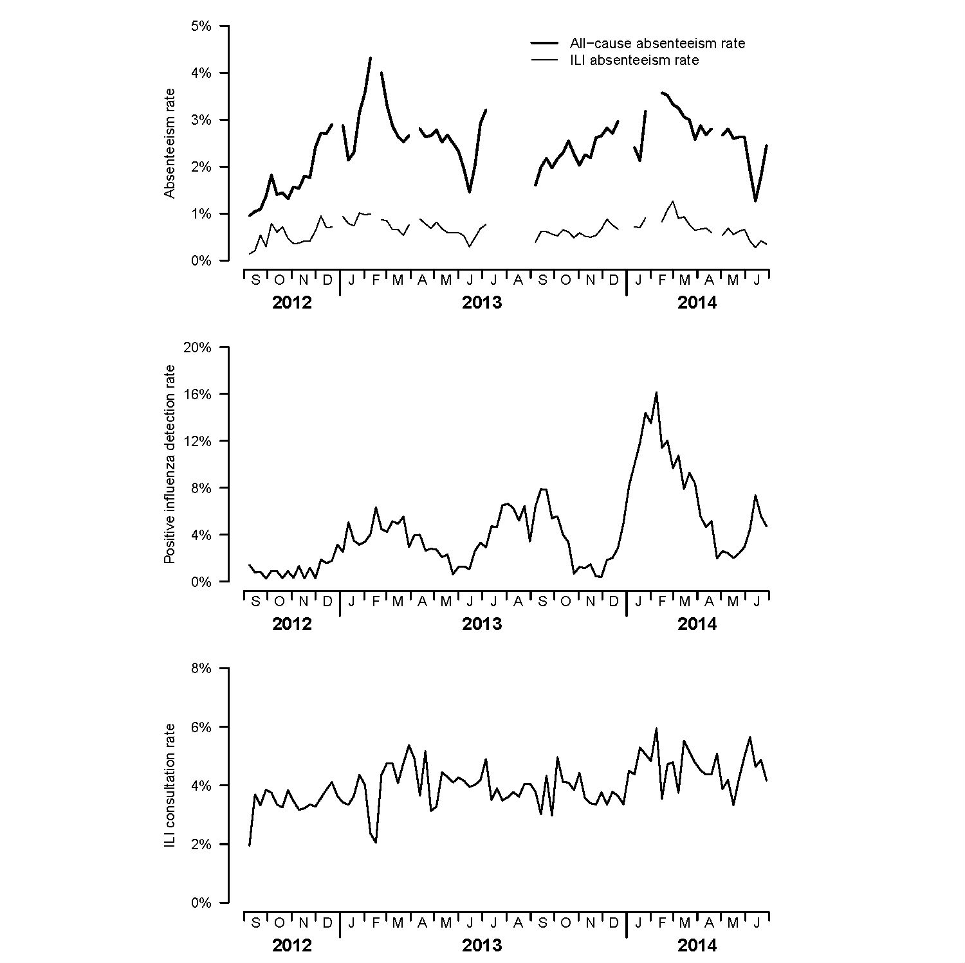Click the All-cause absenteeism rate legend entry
click(657, 44)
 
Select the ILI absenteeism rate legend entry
click(634, 60)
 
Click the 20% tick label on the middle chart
click(198, 347)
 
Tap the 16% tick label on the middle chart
click(198, 394)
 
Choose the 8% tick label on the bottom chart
click(201, 669)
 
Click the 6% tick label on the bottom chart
click(201, 727)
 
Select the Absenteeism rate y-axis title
click(170, 143)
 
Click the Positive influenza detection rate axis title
click(170, 464)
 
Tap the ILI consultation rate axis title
click(170, 786)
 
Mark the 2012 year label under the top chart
click(291, 303)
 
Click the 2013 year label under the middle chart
click(482, 624)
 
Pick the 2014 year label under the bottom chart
click(697, 945)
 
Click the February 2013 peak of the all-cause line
click(371, 58)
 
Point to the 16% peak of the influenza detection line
click(656, 392)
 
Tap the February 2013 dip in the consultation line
click(376, 842)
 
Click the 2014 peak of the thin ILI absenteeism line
click(673, 202)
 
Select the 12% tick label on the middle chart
click(198, 441)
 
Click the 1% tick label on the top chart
click(201, 214)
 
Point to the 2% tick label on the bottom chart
click(201, 844)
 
